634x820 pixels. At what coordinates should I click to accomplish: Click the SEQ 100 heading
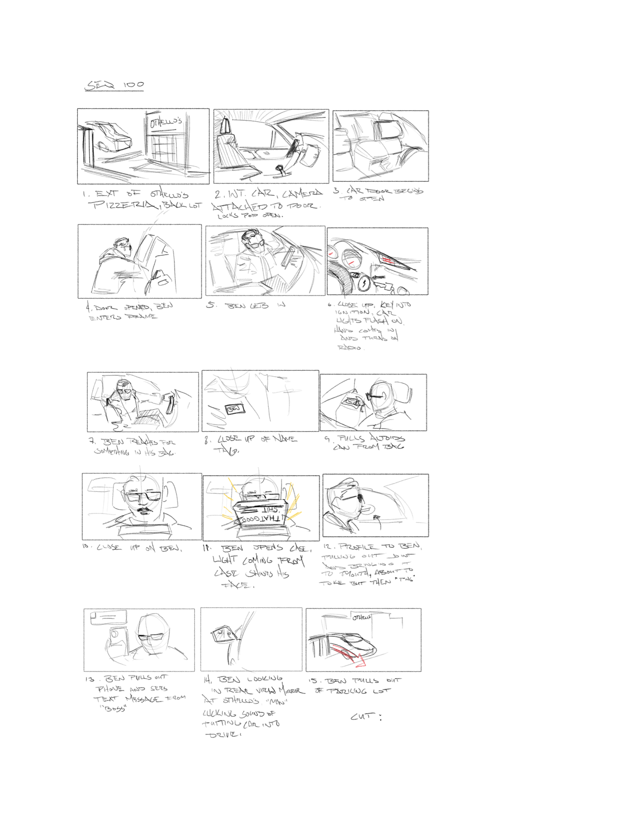point(114,85)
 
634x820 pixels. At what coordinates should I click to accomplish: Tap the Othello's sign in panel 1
point(166,122)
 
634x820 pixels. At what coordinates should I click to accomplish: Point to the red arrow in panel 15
point(354,656)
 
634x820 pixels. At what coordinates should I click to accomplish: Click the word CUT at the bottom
point(363,716)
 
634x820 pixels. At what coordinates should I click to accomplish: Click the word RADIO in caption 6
point(351,347)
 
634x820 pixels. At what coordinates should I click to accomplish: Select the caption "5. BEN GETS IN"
point(246,305)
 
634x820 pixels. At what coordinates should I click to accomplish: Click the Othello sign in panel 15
point(362,617)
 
